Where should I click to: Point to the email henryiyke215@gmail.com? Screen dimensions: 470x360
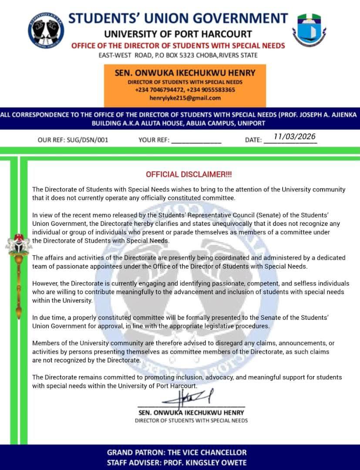185,98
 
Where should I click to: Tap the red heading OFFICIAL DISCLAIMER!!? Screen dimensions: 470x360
189,175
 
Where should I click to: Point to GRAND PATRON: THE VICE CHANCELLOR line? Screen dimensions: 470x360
177,453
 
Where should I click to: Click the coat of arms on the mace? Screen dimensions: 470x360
18,246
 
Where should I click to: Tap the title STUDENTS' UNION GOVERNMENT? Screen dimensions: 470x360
178,18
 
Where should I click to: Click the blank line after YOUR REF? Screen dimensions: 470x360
196,141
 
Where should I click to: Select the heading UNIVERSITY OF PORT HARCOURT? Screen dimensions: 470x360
178,34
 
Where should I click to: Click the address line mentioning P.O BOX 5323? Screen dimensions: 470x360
178,55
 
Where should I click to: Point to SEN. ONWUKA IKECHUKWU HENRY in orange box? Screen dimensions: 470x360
185,73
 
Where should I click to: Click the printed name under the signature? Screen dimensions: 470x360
191,412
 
